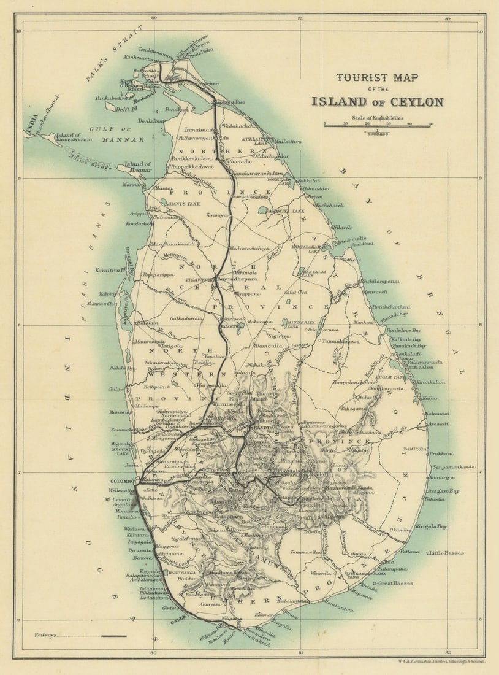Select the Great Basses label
[x=395, y=583]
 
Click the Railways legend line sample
[x=113, y=636]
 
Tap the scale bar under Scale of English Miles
[x=378, y=126]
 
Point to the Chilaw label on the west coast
[x=116, y=388]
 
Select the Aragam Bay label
[x=444, y=491]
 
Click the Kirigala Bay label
[x=433, y=526]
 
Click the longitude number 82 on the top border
[x=448, y=18]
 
